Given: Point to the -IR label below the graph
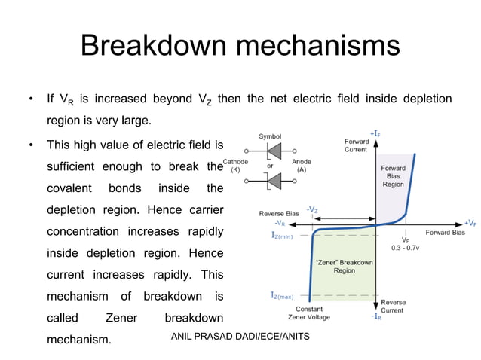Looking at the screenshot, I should pyautogui.click(x=375, y=317).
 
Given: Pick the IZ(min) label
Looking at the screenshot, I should pyautogui.click(x=286, y=235).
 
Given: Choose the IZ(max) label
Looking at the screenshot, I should pyautogui.click(x=286, y=295).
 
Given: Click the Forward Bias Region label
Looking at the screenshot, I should pyautogui.click(x=393, y=176).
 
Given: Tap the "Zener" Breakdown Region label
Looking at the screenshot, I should pyautogui.click(x=343, y=266).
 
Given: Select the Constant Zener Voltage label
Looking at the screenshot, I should pyautogui.click(x=309, y=313).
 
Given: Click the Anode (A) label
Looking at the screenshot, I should pyautogui.click(x=301, y=166).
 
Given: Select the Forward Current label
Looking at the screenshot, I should pyautogui.click(x=356, y=145).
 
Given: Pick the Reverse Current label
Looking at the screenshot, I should pyautogui.click(x=392, y=306).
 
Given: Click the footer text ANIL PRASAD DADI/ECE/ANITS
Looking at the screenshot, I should pyautogui.click(x=240, y=334).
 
